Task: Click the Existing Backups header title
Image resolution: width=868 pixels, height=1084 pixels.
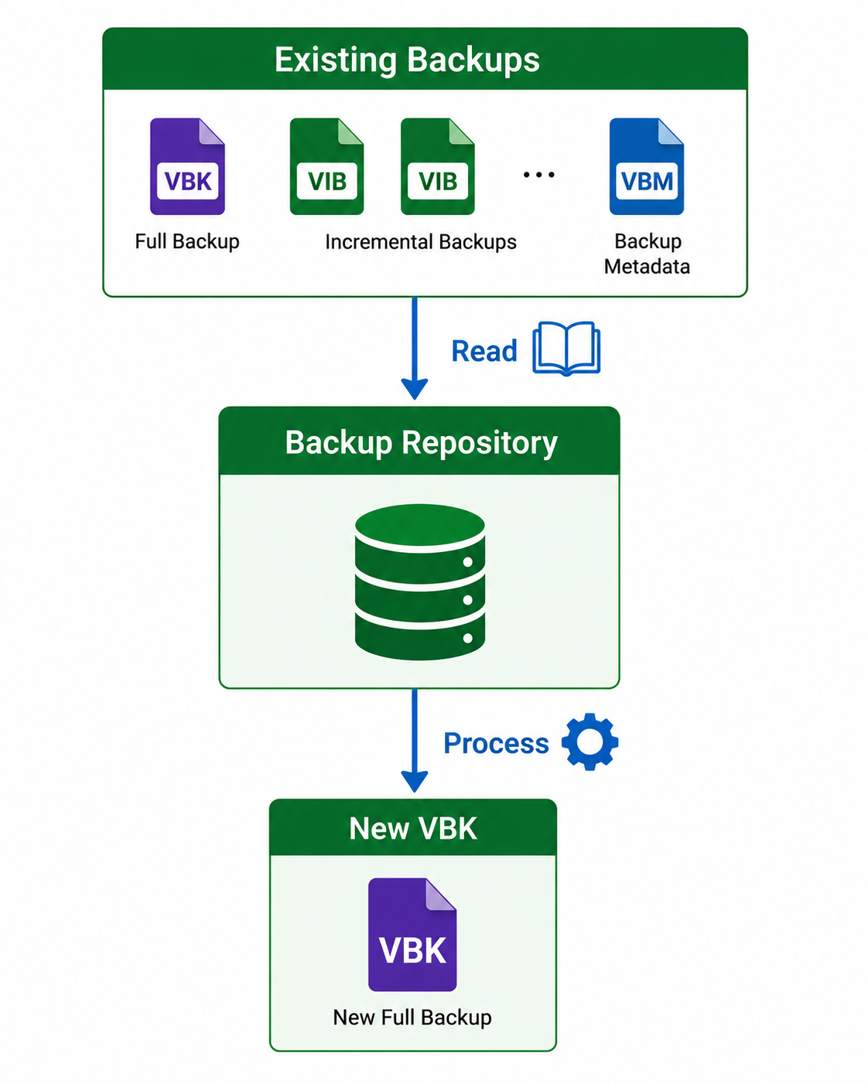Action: coord(407,60)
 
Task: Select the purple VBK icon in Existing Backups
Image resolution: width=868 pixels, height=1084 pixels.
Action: coord(187,166)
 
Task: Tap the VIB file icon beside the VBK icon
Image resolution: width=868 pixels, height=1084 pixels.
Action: coord(326,166)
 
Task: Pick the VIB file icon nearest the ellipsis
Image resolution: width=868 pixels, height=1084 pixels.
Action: coord(438,166)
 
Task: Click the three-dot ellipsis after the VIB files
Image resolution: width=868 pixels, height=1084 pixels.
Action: coord(538,175)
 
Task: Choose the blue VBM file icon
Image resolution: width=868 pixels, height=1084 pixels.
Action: coord(647,166)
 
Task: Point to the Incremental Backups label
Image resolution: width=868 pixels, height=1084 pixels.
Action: coord(421,242)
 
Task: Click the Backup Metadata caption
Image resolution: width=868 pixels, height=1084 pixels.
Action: coord(648,254)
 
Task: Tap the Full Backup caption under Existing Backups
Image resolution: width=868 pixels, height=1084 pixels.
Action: coord(187,242)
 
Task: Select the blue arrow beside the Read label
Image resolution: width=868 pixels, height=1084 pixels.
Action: coord(415,348)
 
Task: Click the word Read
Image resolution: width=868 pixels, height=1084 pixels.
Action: coord(484,351)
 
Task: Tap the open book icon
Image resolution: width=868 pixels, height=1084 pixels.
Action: coord(566,349)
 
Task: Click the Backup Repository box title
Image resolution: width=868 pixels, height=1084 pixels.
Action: coord(422,443)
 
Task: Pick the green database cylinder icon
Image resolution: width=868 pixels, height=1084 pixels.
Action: coord(420,581)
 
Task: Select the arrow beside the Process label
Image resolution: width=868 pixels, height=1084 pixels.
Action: coord(415,741)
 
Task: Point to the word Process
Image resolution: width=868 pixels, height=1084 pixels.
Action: coord(496,744)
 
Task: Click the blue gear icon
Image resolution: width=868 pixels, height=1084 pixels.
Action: coord(589,741)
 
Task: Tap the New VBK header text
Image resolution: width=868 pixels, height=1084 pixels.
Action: coord(413,829)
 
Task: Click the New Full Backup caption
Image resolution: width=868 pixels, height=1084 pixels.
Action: coord(412,1018)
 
